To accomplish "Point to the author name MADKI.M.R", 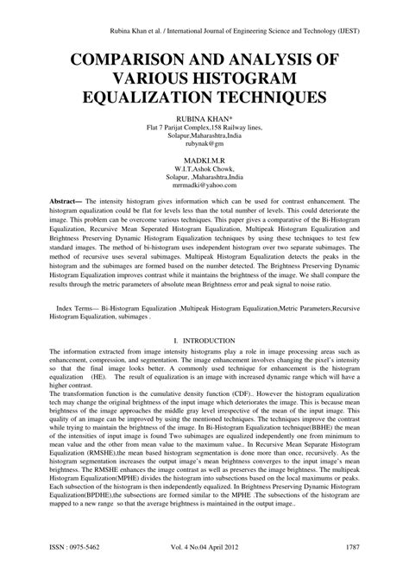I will pos(204,160).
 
